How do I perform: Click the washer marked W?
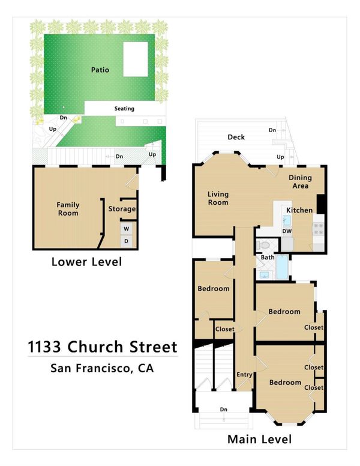[x=127, y=229]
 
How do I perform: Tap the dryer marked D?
[x=127, y=241]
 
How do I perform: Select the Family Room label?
[x=68, y=209]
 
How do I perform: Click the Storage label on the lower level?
[x=122, y=209]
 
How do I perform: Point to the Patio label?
[x=100, y=70]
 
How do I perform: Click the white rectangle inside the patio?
[x=136, y=59]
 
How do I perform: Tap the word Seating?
[x=124, y=109]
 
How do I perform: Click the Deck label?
[x=236, y=137]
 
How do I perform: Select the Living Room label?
[x=218, y=198]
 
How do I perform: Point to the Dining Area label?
[x=300, y=181]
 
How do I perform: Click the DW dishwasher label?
[x=287, y=231]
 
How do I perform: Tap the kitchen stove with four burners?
[x=318, y=229]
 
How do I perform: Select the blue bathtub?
[x=283, y=267]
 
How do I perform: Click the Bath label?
[x=268, y=258]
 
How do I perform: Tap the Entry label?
[x=244, y=375]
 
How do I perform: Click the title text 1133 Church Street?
[x=103, y=347]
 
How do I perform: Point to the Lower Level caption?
[x=86, y=262]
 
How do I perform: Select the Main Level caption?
[x=259, y=439]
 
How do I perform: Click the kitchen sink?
[x=286, y=221]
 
